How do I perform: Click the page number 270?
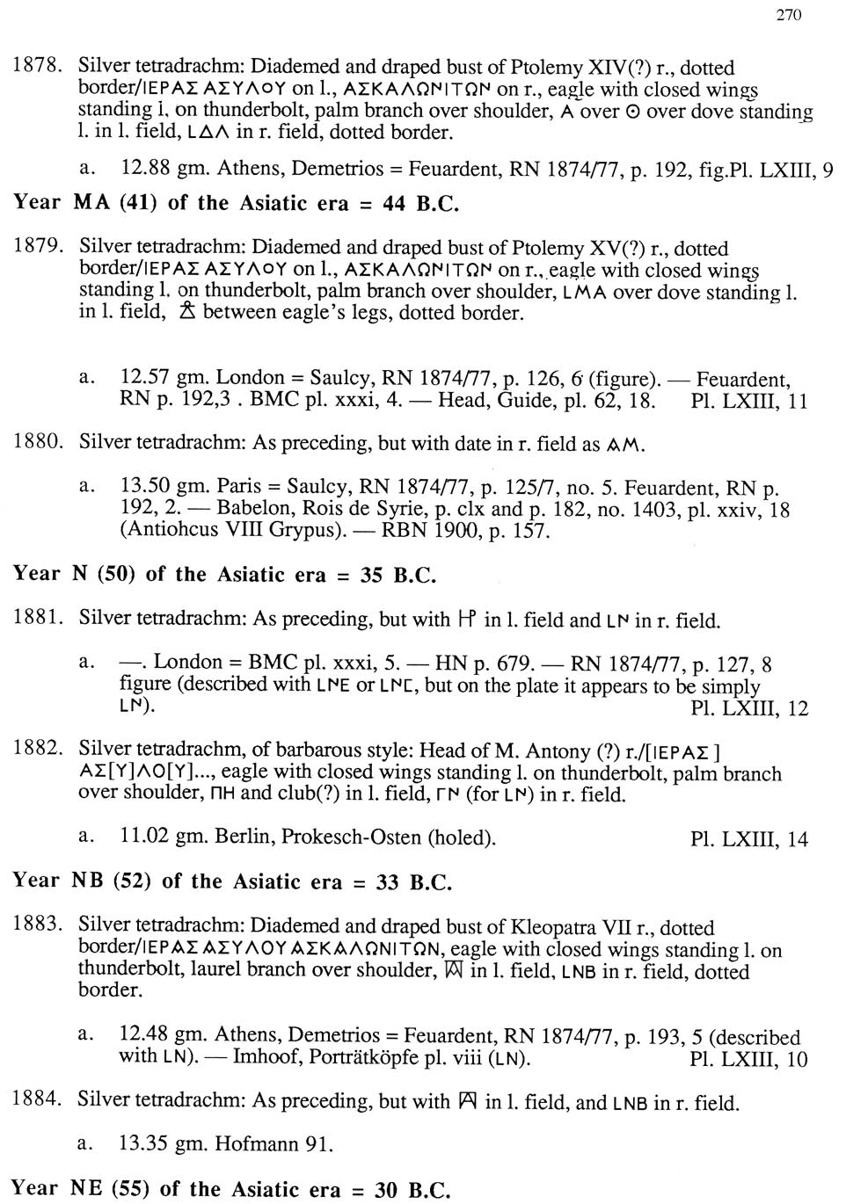(789, 15)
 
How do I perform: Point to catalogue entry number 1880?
(37, 441)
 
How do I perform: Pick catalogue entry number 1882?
(37, 749)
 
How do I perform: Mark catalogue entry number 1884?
(37, 1099)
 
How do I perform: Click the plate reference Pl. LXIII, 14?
(748, 839)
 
